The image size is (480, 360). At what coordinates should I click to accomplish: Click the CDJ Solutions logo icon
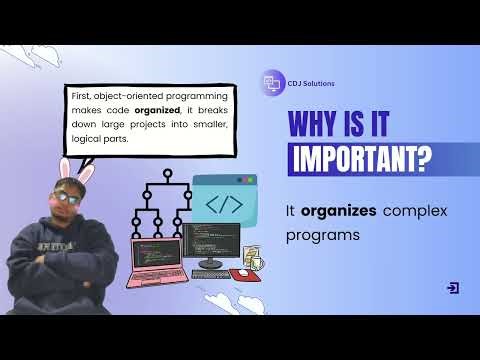coord(270,85)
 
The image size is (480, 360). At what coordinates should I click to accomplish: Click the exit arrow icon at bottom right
coord(453,287)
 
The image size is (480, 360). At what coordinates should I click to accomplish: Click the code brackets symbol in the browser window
coord(223,204)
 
